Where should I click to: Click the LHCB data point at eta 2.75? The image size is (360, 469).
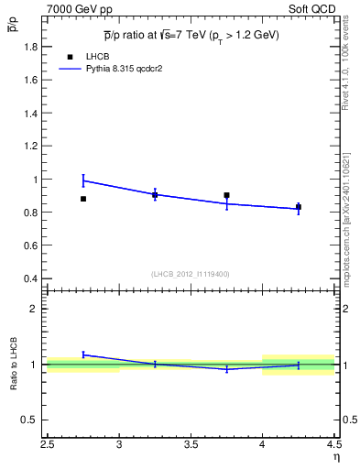[x=83, y=199]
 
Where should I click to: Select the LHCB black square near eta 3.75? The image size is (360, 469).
[x=226, y=195]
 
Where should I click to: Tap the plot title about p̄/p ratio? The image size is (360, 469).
[x=191, y=35]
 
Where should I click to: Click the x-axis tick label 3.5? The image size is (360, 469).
[x=191, y=445]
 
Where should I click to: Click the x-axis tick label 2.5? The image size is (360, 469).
[x=49, y=445]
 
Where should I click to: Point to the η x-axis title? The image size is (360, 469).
[x=335, y=457]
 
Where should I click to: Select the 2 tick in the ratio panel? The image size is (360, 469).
[x=34, y=309]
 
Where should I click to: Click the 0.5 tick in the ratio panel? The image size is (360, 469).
[x=30, y=420]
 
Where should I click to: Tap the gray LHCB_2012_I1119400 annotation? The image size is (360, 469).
[x=191, y=274]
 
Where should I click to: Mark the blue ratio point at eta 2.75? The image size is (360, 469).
[x=83, y=354]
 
